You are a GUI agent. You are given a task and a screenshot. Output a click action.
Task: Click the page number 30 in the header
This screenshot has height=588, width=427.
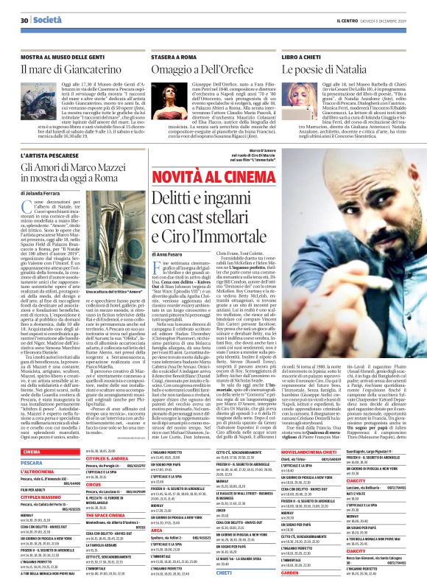[x=24, y=21]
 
